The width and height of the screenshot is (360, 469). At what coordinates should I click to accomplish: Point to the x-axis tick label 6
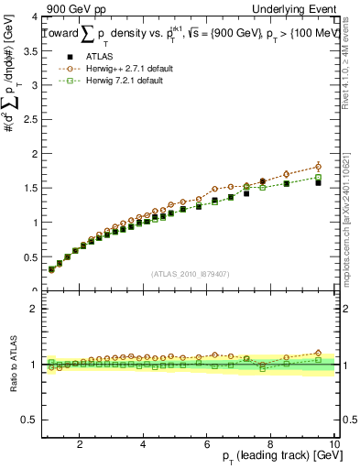(207, 445)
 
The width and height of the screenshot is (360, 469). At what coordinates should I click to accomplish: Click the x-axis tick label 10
(333, 445)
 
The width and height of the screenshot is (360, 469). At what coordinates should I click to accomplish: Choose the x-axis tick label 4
(144, 445)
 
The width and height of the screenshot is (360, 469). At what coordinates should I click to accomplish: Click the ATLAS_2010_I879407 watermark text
(189, 272)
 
